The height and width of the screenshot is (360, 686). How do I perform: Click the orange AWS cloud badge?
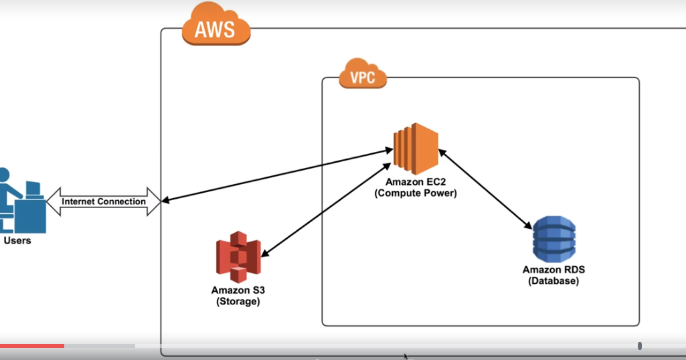point(216,27)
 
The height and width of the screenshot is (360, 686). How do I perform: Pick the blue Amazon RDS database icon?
point(553,239)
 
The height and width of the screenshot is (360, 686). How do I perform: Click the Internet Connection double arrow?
point(103,201)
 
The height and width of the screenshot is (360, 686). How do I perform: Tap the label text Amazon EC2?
point(415,182)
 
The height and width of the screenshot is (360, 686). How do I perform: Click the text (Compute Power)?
point(415,193)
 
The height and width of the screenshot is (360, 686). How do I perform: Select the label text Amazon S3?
point(238,290)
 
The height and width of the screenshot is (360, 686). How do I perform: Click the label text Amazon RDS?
point(553,270)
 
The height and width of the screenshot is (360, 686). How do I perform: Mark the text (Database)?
point(553,281)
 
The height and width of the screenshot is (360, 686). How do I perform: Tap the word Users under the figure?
point(17,240)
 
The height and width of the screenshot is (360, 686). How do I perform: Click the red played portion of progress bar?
point(32,345)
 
